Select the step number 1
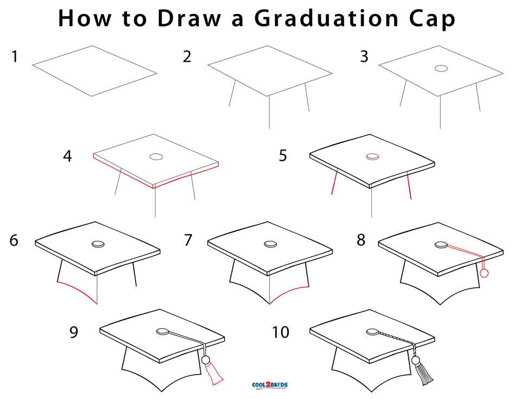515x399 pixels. pyautogui.click(x=15, y=56)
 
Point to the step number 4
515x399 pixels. pyautogui.click(x=67, y=156)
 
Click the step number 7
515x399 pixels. pyautogui.click(x=188, y=240)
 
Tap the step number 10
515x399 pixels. pyautogui.click(x=281, y=332)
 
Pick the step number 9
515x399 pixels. pyautogui.click(x=74, y=332)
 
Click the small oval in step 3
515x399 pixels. pyautogui.click(x=442, y=69)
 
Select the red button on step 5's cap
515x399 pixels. pyautogui.click(x=372, y=156)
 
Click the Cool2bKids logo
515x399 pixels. pyautogui.click(x=269, y=385)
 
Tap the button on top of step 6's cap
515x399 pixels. pyautogui.click(x=98, y=244)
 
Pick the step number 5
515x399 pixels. pyautogui.click(x=282, y=156)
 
